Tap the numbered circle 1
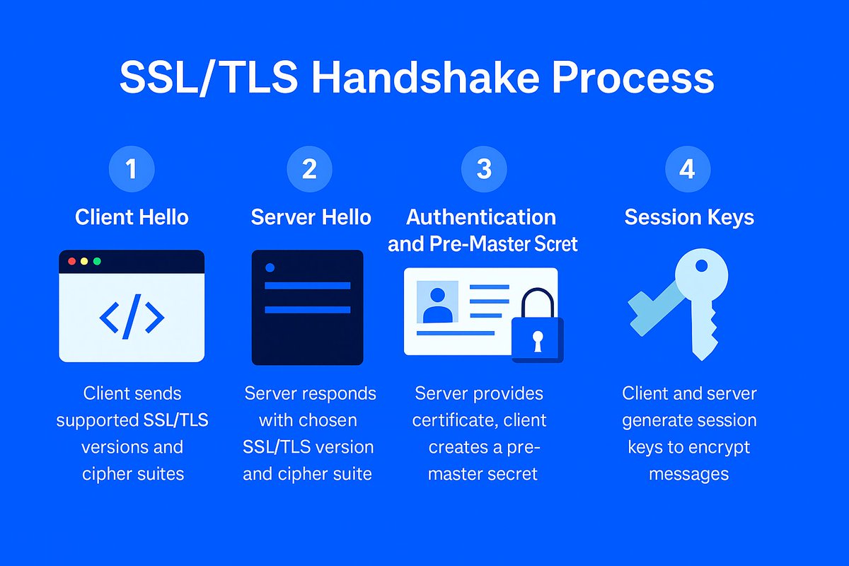[x=131, y=170]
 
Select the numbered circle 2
[x=309, y=170]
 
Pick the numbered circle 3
[x=484, y=170]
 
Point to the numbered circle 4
[x=688, y=170]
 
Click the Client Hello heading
[x=132, y=216]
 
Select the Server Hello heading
[x=311, y=216]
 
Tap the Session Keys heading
[x=689, y=216]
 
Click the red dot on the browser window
[x=71, y=261]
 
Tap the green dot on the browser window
[x=97, y=261]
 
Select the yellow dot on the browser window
[x=84, y=261]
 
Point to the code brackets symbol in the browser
[x=132, y=317]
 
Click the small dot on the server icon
[x=269, y=267]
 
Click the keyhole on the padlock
[x=538, y=340]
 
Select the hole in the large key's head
[x=701, y=267]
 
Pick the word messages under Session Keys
[x=688, y=473]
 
